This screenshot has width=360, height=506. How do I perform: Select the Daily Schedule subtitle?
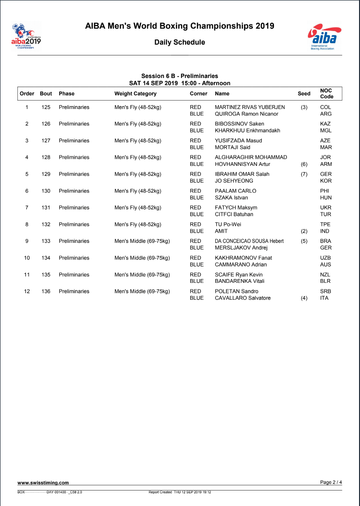coord(180,42)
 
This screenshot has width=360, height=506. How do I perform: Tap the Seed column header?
coord(304,94)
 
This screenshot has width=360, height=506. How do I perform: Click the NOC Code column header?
coord(326,93)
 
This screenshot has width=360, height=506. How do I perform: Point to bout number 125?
coord(46,107)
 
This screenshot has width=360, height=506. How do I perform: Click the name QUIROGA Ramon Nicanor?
coord(246,114)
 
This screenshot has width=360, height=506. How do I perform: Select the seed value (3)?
coord(304,107)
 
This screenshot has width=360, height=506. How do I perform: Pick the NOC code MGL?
coord(326,131)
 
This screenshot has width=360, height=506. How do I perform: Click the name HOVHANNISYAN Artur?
coord(243,164)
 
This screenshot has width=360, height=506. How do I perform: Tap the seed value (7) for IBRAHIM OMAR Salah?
coord(304,174)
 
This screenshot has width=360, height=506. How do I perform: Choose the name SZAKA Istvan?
coord(231,197)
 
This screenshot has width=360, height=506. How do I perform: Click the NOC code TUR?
coord(326,214)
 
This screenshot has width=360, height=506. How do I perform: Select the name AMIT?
coord(221,231)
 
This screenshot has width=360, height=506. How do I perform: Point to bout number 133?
coord(46,241)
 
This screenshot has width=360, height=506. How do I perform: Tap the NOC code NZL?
coord(325,275)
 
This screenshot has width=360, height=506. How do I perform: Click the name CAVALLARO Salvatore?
coord(243,298)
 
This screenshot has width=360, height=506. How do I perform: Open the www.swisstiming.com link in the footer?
coord(43,483)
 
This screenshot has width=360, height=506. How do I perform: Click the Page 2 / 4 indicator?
coord(331,482)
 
